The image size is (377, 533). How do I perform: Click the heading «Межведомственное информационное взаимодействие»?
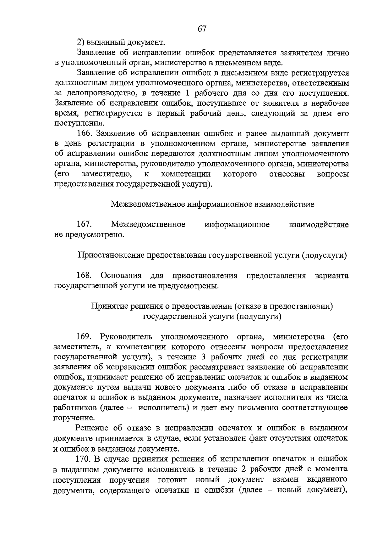212,205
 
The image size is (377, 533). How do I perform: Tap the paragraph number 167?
84,225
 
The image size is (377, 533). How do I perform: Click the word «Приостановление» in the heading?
110,255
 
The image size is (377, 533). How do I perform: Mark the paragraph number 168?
84,276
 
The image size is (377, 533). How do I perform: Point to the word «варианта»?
331,276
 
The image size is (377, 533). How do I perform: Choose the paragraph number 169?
84,337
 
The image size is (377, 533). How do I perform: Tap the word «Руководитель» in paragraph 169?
126,337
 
